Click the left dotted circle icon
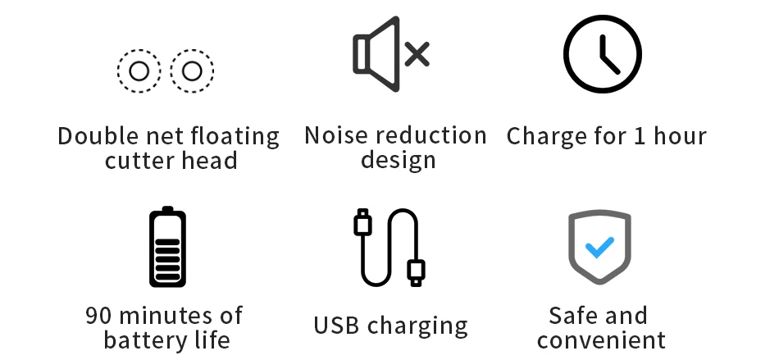pyautogui.click(x=139, y=71)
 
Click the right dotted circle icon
pyautogui.click(x=192, y=71)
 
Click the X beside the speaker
pyautogui.click(x=417, y=55)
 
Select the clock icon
pyautogui.click(x=603, y=53)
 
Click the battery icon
pyautogui.click(x=167, y=247)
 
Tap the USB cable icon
pyautogui.click(x=389, y=247)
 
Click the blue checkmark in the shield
pyautogui.click(x=599, y=246)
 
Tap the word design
pyautogui.click(x=398, y=159)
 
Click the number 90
pyautogui.click(x=98, y=315)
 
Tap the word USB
pyautogui.click(x=337, y=325)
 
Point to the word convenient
pyautogui.click(x=601, y=339)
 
